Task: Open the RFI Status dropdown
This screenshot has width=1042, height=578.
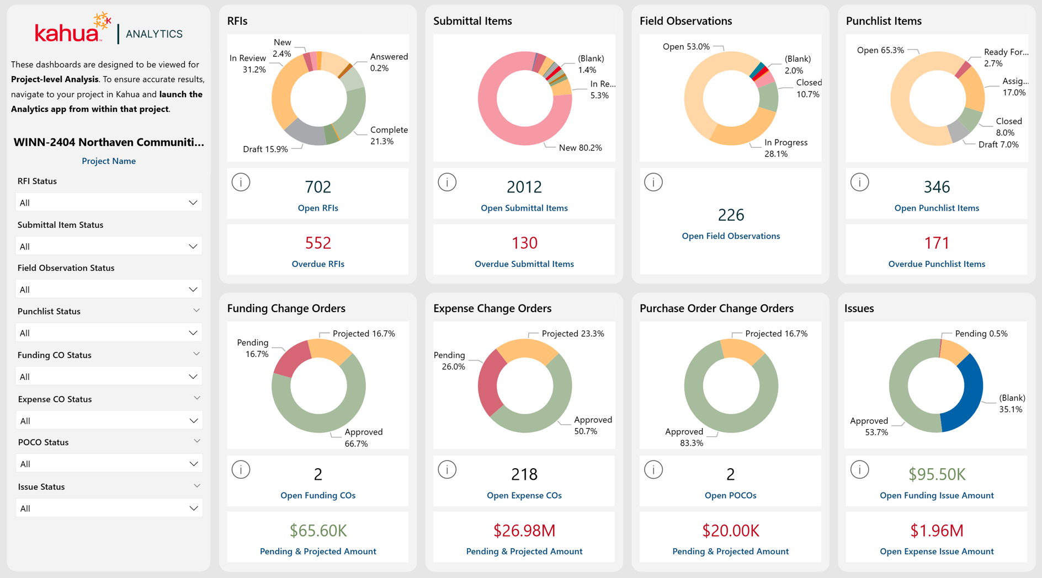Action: click(x=109, y=202)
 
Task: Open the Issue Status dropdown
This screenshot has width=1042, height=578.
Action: click(x=109, y=508)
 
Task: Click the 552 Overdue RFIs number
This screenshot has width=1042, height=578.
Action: click(x=318, y=243)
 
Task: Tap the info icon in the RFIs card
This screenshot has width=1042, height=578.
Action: click(x=241, y=182)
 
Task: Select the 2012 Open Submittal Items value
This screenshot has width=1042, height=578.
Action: click(x=524, y=187)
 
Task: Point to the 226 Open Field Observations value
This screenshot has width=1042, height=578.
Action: click(x=731, y=215)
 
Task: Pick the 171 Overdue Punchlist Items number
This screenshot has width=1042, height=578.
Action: click(x=937, y=243)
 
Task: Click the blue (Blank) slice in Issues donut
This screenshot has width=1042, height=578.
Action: click(x=969, y=397)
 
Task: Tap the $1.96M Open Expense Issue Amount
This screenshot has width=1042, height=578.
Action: click(x=937, y=531)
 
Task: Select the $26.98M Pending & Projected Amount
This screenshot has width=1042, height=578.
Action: click(x=524, y=531)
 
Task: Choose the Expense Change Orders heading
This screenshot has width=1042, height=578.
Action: click(x=492, y=308)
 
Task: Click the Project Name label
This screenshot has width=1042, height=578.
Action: click(x=109, y=161)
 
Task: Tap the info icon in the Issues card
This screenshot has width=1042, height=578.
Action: click(x=859, y=469)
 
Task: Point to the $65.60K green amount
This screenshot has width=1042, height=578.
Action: click(x=318, y=531)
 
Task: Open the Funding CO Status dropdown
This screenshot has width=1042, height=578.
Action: click(x=109, y=377)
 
